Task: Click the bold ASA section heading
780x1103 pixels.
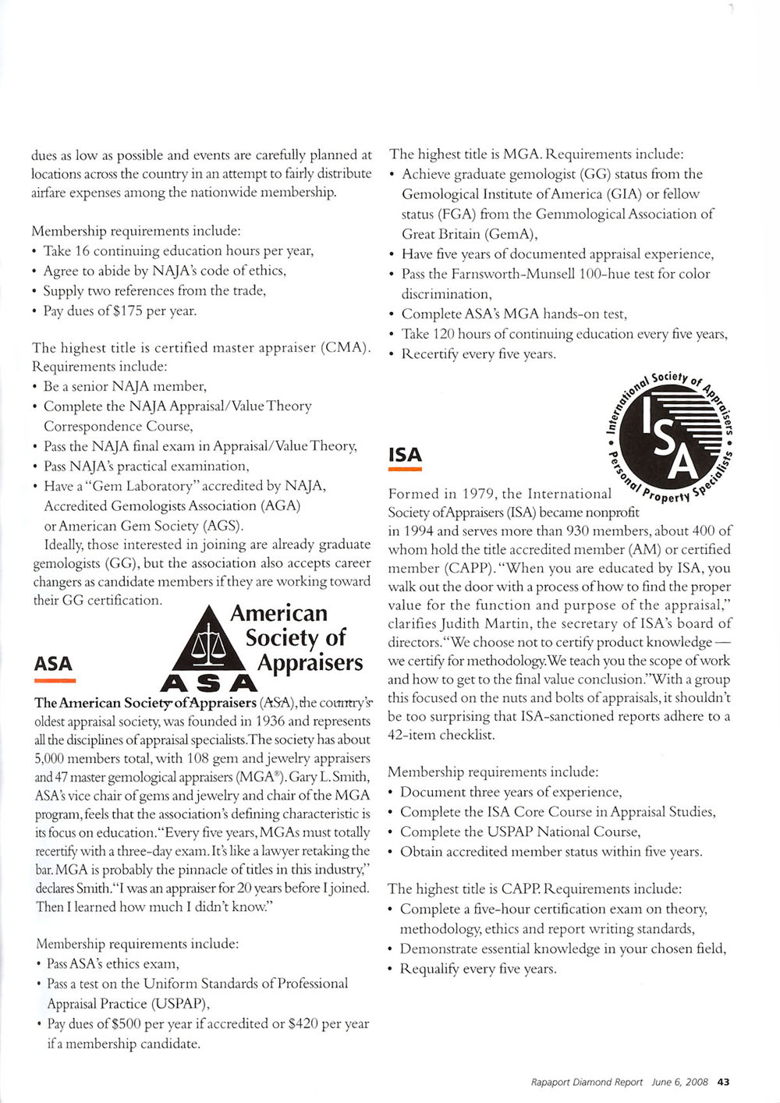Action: click(x=53, y=664)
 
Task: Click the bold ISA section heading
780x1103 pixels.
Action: click(x=405, y=455)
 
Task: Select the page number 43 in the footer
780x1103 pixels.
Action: click(x=723, y=1082)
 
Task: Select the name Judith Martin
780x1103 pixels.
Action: click(x=481, y=623)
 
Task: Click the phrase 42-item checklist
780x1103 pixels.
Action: click(x=441, y=735)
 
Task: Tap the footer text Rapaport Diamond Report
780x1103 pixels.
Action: click(x=587, y=1082)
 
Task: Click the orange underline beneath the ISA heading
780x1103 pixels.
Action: click(x=405, y=470)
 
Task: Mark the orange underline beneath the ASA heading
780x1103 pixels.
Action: click(x=54, y=680)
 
